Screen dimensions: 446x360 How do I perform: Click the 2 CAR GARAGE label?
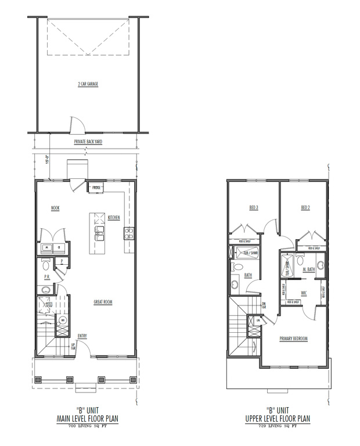(88, 84)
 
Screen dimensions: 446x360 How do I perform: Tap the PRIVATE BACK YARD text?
(88, 142)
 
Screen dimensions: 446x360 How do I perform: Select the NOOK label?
(55, 208)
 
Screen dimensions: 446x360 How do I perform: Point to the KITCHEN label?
(114, 218)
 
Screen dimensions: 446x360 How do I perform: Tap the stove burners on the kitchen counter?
(128, 234)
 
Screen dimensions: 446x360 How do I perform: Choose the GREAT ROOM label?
(103, 301)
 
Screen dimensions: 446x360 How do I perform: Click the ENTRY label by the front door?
(82, 336)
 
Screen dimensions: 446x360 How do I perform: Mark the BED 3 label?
(253, 207)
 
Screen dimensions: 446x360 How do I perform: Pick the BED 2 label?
(305, 207)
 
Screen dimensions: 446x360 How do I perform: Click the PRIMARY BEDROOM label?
(293, 339)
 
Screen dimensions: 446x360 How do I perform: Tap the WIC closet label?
(304, 293)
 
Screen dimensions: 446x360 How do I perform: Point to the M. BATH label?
(308, 269)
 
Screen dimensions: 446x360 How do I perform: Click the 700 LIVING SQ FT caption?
(88, 426)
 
